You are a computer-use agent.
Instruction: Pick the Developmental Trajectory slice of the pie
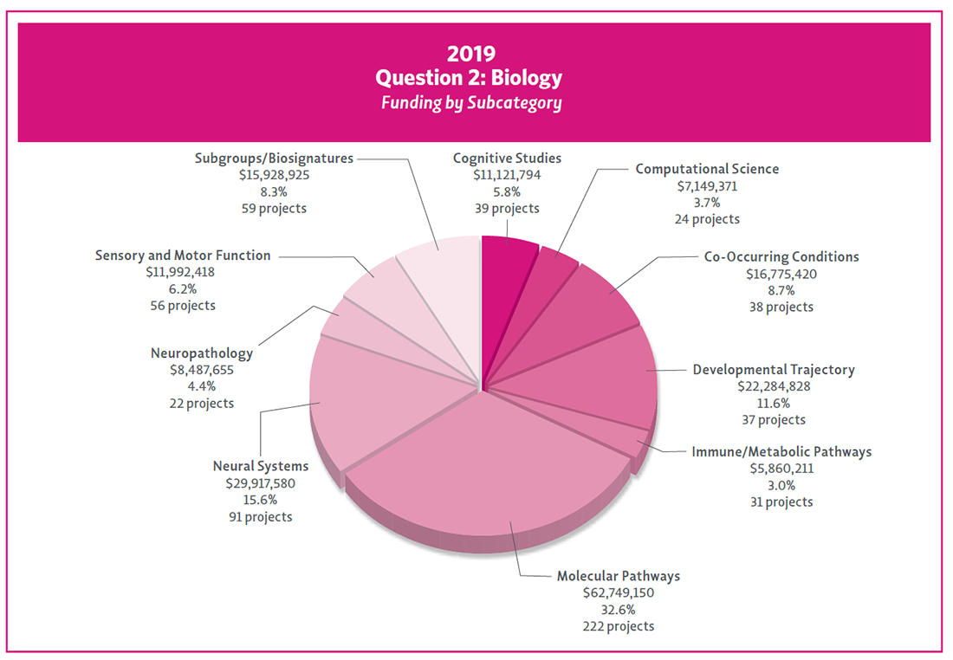(x=598, y=381)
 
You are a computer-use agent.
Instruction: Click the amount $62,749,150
(x=619, y=593)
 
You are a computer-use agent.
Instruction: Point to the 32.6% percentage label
(x=619, y=610)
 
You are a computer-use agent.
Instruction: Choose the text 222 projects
(x=619, y=626)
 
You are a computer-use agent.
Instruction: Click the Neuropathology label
(x=202, y=353)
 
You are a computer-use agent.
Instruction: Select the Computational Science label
(x=707, y=170)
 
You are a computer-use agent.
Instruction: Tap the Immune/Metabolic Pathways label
(x=781, y=452)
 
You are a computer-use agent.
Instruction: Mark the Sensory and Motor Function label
(x=183, y=256)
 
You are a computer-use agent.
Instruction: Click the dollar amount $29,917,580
(x=260, y=484)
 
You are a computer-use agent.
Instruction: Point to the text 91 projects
(x=260, y=517)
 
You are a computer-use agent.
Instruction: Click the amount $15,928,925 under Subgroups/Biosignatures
(x=274, y=176)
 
